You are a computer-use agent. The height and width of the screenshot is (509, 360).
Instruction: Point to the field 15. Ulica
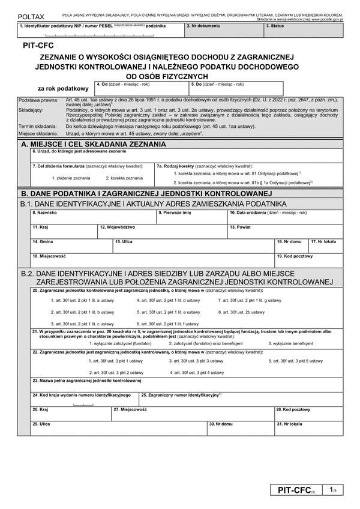[193, 246]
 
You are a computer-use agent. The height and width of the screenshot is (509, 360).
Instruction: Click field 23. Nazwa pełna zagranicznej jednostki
[180, 384]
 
